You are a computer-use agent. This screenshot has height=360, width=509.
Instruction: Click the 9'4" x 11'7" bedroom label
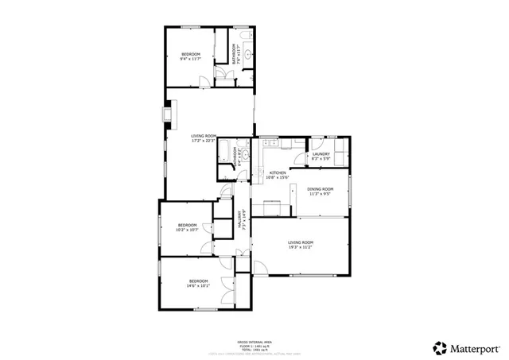(x=189, y=56)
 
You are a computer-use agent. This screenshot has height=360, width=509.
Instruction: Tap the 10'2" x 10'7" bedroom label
(x=187, y=226)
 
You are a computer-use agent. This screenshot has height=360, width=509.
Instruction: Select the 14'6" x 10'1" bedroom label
(x=198, y=283)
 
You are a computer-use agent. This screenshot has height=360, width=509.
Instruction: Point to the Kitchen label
(x=278, y=175)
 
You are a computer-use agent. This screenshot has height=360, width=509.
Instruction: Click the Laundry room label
(x=321, y=157)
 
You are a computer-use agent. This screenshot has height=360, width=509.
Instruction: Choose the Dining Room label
(x=320, y=191)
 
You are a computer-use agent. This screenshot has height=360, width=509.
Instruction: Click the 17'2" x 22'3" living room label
(x=204, y=138)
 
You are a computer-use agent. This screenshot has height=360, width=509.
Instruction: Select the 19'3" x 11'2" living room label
(x=301, y=244)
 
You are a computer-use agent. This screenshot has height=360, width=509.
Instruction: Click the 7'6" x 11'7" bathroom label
(x=235, y=54)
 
